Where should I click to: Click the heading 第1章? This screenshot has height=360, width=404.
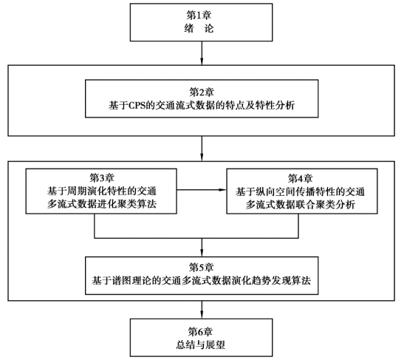[x=199, y=16]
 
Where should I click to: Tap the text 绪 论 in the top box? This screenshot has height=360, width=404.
[x=199, y=29]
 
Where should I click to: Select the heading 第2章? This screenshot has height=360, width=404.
[x=202, y=92]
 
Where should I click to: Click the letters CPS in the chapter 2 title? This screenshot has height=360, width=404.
[x=137, y=106]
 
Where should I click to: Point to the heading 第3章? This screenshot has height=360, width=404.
[x=102, y=178]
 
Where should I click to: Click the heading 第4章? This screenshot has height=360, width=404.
[x=301, y=178]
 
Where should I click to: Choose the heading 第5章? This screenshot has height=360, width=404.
[x=202, y=268]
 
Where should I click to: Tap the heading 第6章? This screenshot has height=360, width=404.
[x=200, y=331]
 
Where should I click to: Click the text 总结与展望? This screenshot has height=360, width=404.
[x=200, y=344]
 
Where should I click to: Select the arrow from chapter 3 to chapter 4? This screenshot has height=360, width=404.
[x=202, y=190]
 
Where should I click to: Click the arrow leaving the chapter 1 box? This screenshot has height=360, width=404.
[x=202, y=53]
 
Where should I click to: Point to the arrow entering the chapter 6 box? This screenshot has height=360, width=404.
[x=202, y=310]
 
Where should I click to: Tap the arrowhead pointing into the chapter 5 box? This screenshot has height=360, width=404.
[x=202, y=253]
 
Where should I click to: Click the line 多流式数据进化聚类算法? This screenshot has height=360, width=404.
[x=102, y=204]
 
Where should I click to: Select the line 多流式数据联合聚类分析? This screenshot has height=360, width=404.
[x=301, y=205]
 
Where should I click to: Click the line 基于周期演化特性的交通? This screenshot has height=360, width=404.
[x=102, y=191]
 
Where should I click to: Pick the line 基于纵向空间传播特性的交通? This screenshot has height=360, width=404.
[x=301, y=192]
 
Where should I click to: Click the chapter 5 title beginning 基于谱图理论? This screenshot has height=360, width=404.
[x=202, y=281]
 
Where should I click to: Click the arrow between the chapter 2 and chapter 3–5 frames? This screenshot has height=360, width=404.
[x=202, y=149]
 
